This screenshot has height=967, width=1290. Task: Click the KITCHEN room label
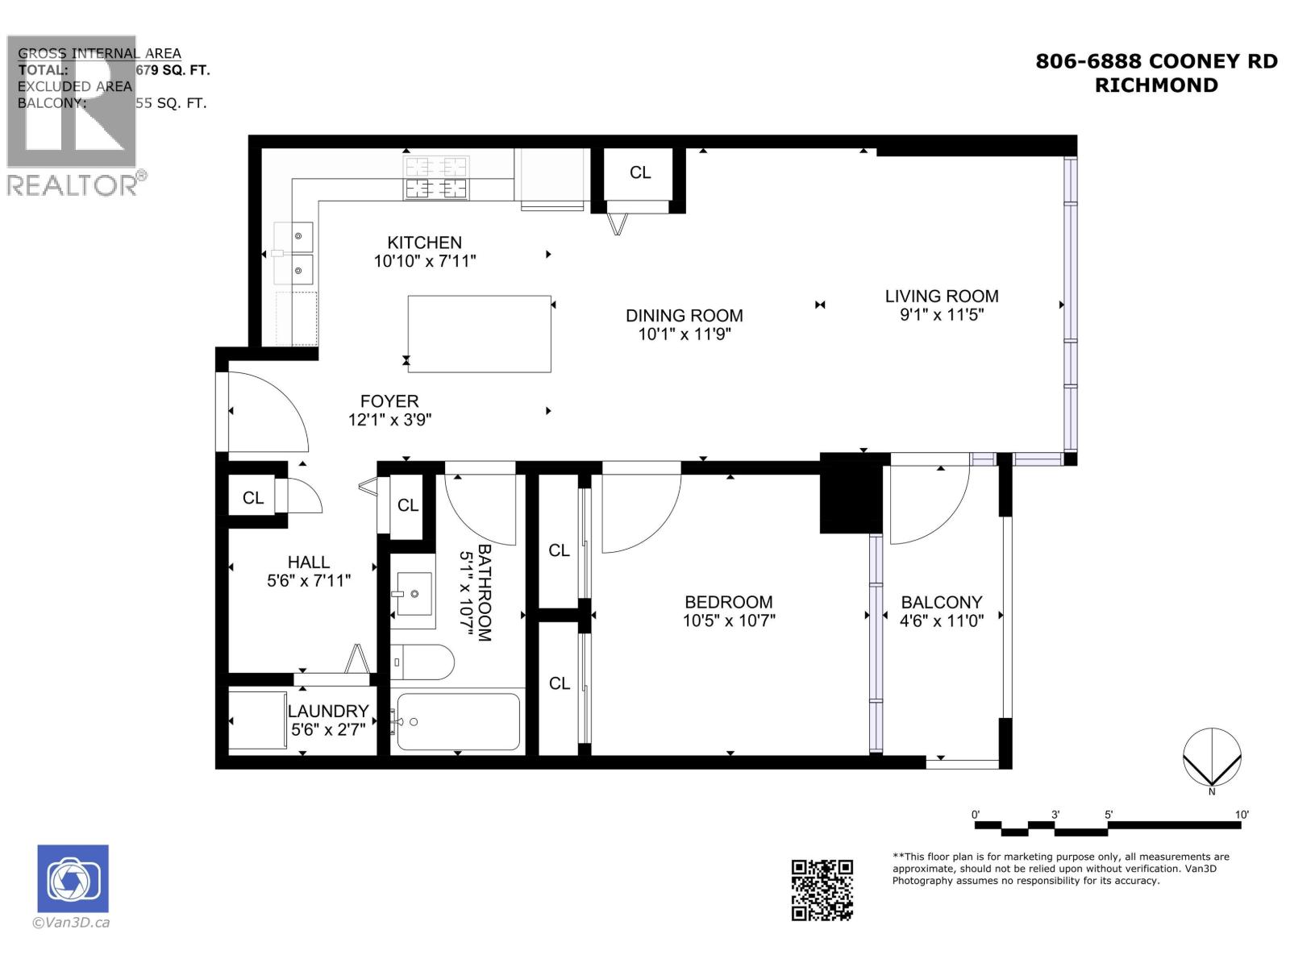click(x=424, y=243)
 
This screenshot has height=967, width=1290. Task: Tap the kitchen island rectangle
click(x=479, y=334)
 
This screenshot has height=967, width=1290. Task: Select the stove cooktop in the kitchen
click(x=436, y=178)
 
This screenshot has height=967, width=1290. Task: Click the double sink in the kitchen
click(x=293, y=253)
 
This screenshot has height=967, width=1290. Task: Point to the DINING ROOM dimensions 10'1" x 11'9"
click(x=685, y=334)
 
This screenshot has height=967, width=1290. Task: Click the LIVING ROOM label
click(x=942, y=296)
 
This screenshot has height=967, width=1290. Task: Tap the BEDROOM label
click(x=728, y=602)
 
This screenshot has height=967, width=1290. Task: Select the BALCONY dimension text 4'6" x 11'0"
click(x=942, y=621)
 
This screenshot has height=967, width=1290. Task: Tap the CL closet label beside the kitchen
click(x=640, y=172)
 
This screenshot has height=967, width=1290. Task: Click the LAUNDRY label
click(x=328, y=711)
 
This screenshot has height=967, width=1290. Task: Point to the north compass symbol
click(x=1212, y=757)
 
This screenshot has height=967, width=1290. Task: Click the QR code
click(x=822, y=890)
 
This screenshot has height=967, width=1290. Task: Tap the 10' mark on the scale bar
click(x=1242, y=816)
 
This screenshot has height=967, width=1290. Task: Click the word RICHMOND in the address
click(x=1156, y=85)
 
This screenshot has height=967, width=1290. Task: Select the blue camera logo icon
click(x=73, y=878)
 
